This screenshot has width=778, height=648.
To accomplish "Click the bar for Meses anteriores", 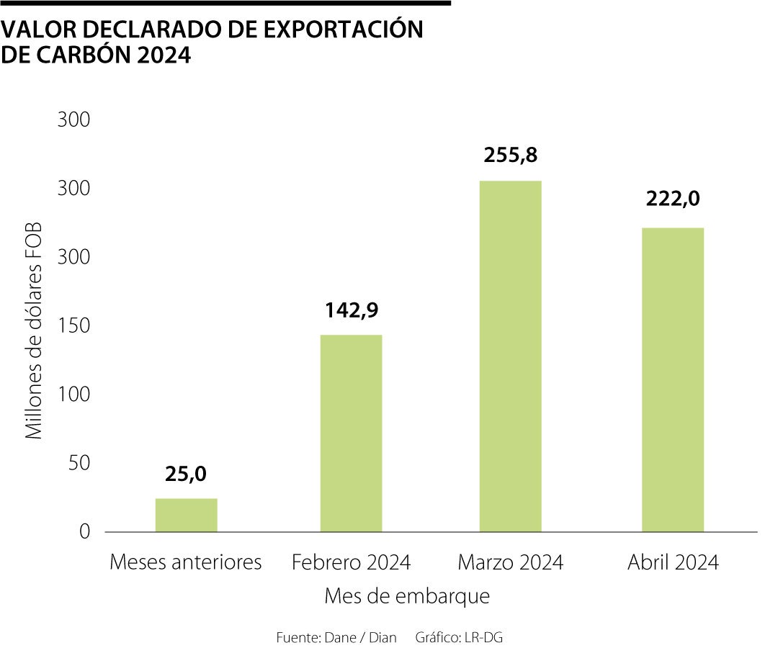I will click(186, 515).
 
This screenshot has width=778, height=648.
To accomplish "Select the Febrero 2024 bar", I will click(351, 433).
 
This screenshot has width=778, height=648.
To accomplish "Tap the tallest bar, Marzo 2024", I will click(510, 356).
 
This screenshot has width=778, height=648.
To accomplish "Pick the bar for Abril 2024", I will click(673, 379).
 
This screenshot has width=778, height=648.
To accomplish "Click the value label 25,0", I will click(186, 474).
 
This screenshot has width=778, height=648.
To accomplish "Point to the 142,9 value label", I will click(351, 310).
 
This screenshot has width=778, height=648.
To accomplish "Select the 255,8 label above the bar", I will click(511, 156).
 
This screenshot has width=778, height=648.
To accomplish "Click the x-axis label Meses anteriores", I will click(186, 562).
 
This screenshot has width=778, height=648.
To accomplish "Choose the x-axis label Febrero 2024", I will click(351, 562).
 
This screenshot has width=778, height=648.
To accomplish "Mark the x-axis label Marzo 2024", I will click(511, 562).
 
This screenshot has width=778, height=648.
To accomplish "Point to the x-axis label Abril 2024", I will click(673, 562).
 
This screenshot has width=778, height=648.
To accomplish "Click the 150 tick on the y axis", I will click(74, 325).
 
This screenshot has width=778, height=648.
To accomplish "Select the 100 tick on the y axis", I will click(74, 395).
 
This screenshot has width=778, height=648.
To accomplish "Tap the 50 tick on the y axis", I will click(79, 463).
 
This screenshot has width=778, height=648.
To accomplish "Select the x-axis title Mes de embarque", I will click(407, 597).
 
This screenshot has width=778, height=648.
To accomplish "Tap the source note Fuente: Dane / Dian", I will click(336, 638).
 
